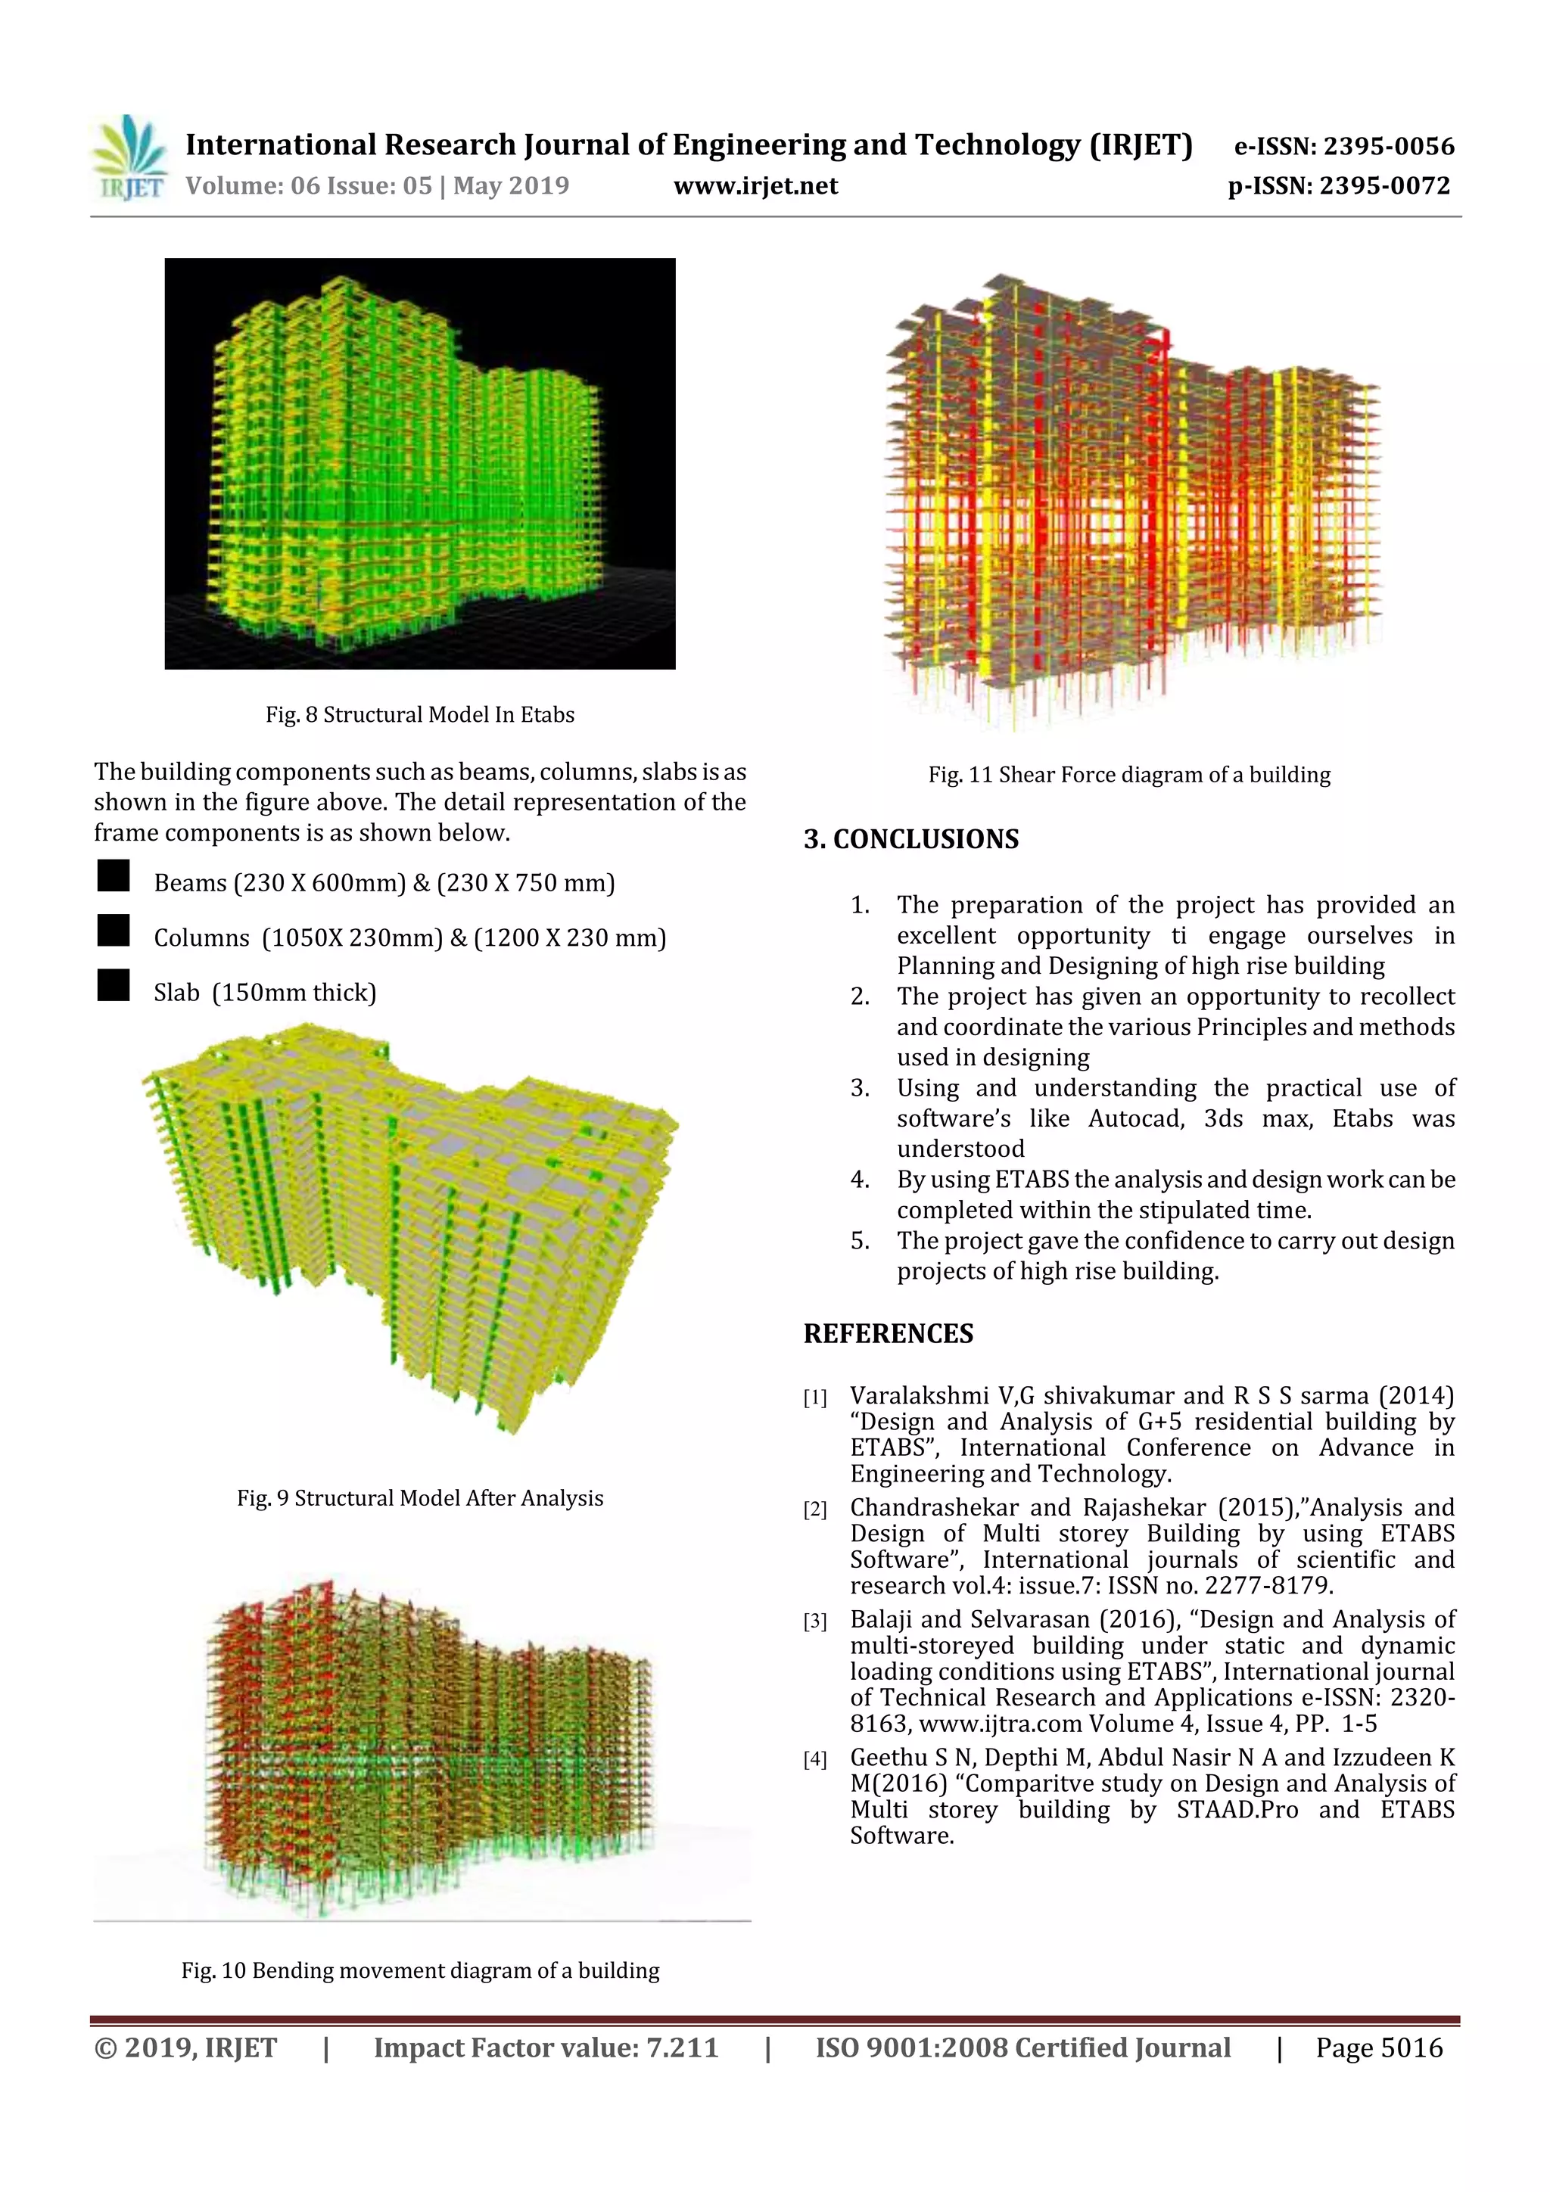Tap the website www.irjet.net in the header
tap(755, 186)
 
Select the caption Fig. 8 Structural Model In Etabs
tap(419, 714)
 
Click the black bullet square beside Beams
tap(114, 875)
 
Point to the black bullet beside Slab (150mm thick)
tap(114, 985)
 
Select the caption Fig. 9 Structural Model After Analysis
tap(419, 1498)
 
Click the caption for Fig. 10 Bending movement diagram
tap(420, 1970)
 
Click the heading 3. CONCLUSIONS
tap(911, 839)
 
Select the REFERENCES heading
tap(889, 1334)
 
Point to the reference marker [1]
tap(814, 1398)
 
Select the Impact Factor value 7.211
tap(682, 2047)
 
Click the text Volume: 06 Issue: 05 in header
tap(309, 186)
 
